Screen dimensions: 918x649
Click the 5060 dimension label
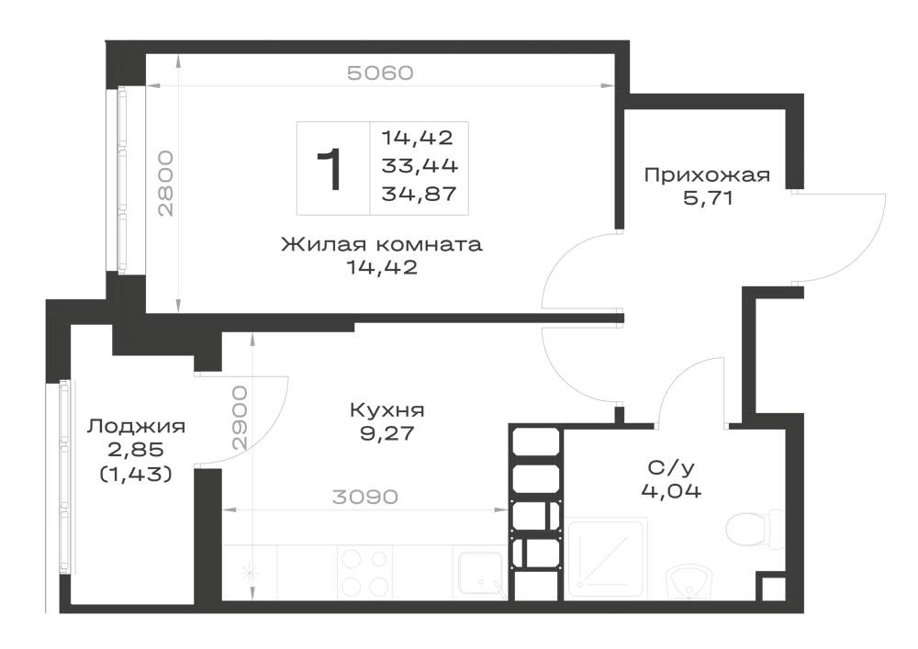coord(380,73)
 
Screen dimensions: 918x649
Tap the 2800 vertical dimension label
coord(166,184)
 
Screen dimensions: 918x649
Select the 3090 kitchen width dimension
coord(364,497)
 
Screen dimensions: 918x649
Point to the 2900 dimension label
coord(240,418)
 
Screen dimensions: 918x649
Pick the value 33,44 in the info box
coord(420,166)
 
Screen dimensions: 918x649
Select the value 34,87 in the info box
coord(419,194)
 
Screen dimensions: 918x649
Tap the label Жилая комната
coord(382,243)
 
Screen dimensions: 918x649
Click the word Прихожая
coord(707,175)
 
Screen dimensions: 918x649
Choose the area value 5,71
coord(708,198)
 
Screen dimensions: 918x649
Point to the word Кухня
coord(387,410)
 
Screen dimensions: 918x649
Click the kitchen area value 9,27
coord(387,433)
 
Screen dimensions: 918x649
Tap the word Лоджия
coord(136,426)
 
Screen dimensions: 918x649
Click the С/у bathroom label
coord(671,467)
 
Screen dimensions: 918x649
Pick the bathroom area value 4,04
coord(671,490)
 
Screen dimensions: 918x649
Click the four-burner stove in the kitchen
coord(364,572)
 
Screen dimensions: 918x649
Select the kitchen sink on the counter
coord(481,574)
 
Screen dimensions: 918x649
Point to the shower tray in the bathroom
coord(606,558)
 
